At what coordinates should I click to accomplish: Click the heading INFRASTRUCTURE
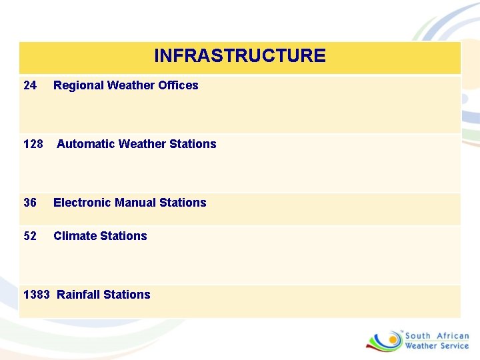pos(240,55)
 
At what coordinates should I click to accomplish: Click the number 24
pos(30,85)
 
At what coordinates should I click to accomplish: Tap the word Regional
pos(77,85)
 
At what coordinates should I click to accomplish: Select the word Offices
pos(178,85)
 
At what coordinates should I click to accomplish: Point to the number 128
pos(33,144)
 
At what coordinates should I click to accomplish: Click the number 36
pos(30,203)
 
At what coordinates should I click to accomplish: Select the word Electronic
pos(82,203)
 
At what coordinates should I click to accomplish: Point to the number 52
pos(30,236)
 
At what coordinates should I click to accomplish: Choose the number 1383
pos(36,295)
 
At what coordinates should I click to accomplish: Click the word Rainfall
pos(79,295)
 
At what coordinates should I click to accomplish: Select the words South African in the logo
pos(437,336)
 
